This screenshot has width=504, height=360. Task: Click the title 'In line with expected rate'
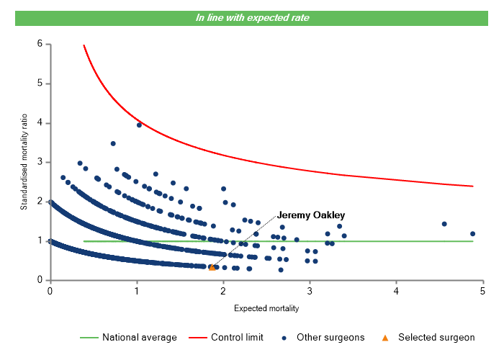pos(252,18)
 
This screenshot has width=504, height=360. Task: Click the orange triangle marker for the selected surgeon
pos(212,268)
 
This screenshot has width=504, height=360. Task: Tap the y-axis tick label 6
pos(40,45)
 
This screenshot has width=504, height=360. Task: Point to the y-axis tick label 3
pos(40,162)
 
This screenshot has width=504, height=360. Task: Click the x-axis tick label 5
pos(483,291)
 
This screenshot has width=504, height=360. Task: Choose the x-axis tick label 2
pos(223,291)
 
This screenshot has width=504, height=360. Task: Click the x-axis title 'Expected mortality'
pos(266,308)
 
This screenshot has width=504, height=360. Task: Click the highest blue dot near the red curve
pos(139,125)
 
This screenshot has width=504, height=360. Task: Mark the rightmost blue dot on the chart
pos(473,233)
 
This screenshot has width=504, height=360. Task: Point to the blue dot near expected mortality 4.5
pos(444,224)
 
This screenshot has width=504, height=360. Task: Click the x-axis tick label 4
pos(397,291)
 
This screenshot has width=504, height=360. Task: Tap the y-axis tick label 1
pos(40,240)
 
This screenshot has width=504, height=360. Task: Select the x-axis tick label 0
pos(50,291)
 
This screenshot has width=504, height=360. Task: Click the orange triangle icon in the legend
pos(384,337)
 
